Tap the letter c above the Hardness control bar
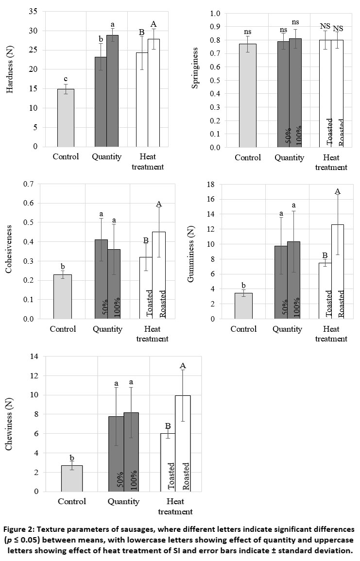[x=66, y=80]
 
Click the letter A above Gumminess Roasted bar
[x=338, y=191]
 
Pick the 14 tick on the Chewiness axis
[x=34, y=357]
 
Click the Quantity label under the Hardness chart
[x=106, y=157]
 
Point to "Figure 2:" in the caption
[x=24, y=529]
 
